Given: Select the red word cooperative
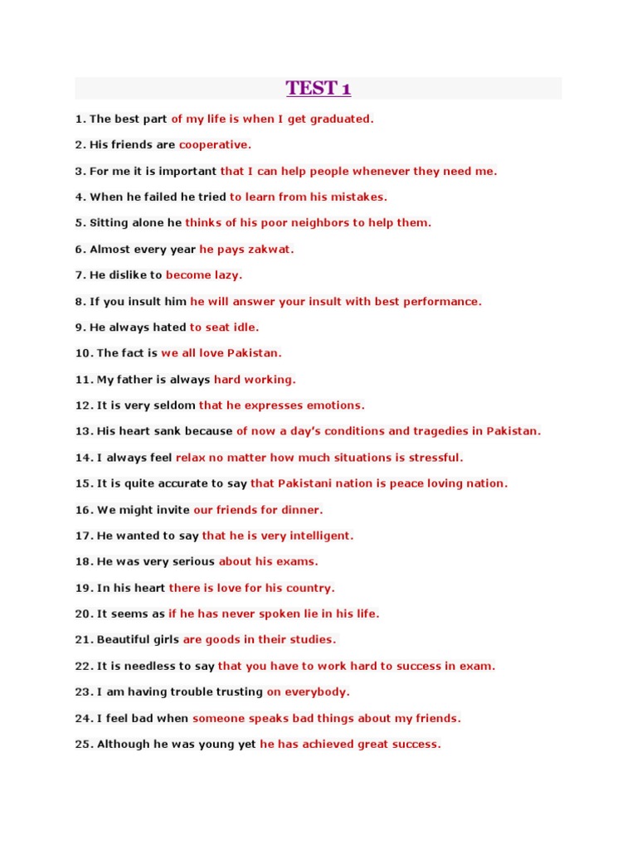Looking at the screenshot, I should (214, 144).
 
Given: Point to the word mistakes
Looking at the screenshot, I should (358, 196).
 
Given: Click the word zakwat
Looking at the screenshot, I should (271, 249).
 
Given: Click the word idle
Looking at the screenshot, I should (246, 327).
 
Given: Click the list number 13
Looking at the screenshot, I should (83, 431).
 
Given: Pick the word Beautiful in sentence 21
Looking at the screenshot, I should (125, 639).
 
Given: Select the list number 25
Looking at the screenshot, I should (83, 744).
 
